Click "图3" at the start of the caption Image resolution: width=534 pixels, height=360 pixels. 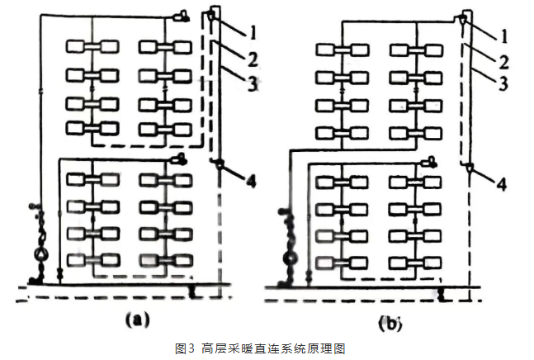(185, 348)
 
